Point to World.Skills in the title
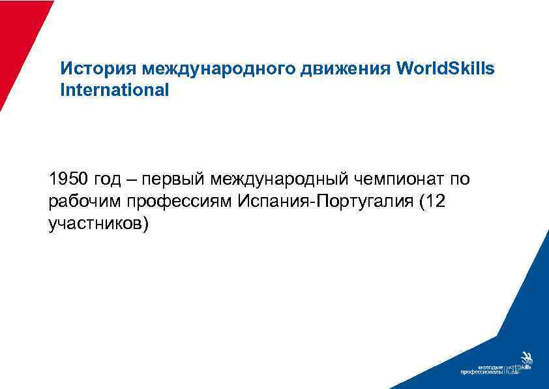(445, 69)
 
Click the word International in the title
(114, 90)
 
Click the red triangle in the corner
(20, 39)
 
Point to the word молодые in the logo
(491, 367)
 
